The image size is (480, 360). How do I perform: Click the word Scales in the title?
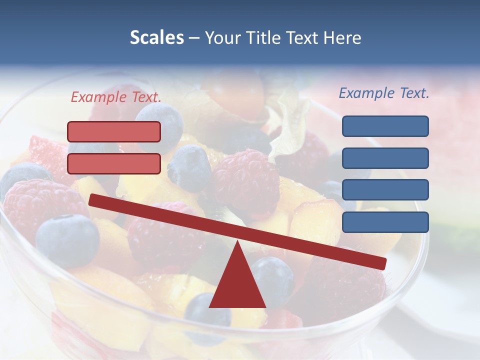click(156, 37)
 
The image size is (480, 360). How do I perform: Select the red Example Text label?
click(116, 97)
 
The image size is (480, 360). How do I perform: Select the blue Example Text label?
click(384, 93)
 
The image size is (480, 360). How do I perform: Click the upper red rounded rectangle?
click(114, 131)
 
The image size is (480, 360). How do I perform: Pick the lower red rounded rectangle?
click(114, 163)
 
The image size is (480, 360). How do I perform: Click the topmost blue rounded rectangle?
click(385, 126)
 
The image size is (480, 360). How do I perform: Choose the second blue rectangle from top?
click(385, 158)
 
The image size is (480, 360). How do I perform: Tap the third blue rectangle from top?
click(385, 190)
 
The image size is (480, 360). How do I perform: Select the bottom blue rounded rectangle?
click(385, 222)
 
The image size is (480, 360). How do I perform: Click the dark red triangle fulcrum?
click(237, 285)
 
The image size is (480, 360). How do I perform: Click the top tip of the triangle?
click(237, 242)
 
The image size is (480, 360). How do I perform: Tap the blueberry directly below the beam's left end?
click(67, 240)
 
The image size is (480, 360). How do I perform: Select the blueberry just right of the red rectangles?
click(189, 167)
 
